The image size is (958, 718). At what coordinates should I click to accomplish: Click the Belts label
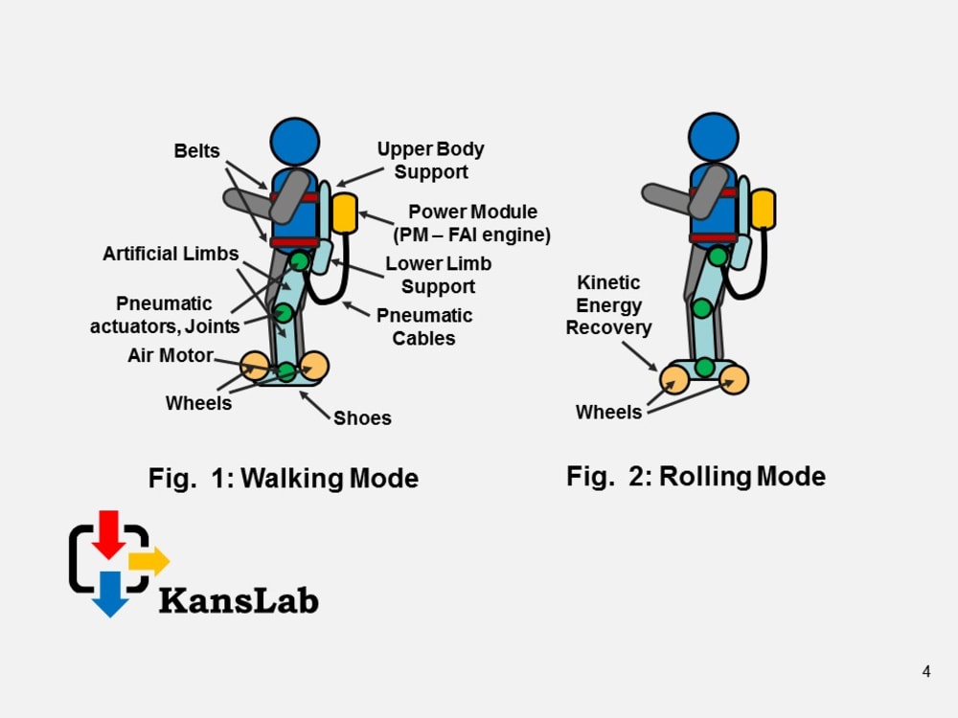pyautogui.click(x=196, y=151)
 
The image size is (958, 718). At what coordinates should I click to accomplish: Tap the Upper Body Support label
pyautogui.click(x=430, y=161)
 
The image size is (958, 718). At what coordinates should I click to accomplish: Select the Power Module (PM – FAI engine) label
pyautogui.click(x=472, y=223)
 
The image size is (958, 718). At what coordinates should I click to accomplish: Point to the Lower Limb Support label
pyautogui.click(x=438, y=275)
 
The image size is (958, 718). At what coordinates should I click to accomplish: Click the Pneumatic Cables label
pyautogui.click(x=424, y=326)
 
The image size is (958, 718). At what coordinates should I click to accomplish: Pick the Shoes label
pyautogui.click(x=362, y=417)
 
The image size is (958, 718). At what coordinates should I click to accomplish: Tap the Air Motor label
pyautogui.click(x=171, y=355)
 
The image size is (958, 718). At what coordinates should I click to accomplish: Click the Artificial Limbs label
pyautogui.click(x=171, y=254)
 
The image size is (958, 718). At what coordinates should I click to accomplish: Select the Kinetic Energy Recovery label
pyautogui.click(x=608, y=305)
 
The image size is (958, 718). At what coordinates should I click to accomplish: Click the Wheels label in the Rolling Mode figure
pyautogui.click(x=608, y=412)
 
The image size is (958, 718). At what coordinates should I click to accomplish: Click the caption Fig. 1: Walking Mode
pyautogui.click(x=284, y=478)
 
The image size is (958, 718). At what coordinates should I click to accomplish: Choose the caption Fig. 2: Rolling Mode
pyautogui.click(x=696, y=476)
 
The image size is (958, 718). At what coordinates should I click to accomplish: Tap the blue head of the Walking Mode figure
pyautogui.click(x=294, y=141)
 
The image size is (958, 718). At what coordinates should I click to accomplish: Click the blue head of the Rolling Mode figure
pyautogui.click(x=714, y=137)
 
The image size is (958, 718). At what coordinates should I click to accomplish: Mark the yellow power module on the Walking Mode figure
pyautogui.click(x=344, y=213)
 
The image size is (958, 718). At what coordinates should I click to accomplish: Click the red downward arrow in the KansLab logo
pyautogui.click(x=109, y=533)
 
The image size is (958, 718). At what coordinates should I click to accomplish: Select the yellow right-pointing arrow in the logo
pyautogui.click(x=148, y=561)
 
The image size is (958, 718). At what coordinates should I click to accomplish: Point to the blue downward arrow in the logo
pyautogui.click(x=110, y=593)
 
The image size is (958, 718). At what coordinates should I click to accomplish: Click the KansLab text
pyautogui.click(x=239, y=600)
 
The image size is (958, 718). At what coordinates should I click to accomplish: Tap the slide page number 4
pyautogui.click(x=926, y=672)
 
